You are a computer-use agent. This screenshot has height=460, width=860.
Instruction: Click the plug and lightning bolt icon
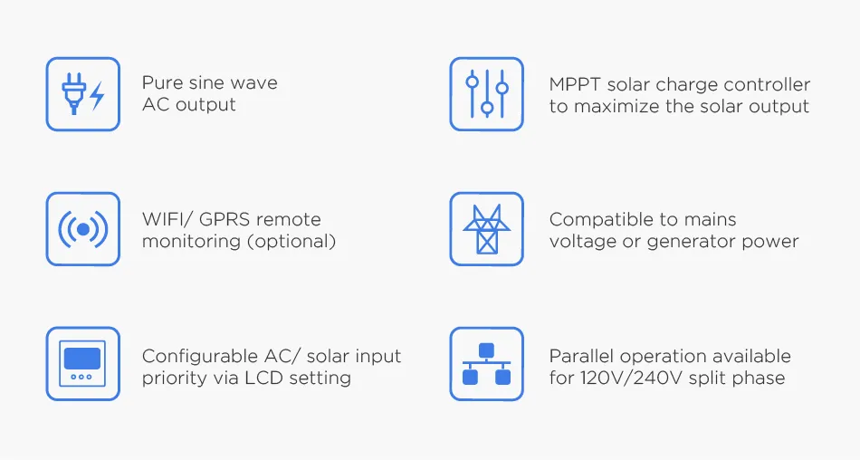[82, 94]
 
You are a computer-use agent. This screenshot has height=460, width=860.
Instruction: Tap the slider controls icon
[486, 94]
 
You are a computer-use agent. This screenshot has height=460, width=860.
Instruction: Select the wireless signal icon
[82, 229]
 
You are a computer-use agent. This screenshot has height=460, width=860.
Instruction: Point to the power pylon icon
[486, 229]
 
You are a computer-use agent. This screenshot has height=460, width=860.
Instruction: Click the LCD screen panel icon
[82, 364]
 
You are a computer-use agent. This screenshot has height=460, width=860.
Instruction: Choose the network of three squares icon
[486, 364]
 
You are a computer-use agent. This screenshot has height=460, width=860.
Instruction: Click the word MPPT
[575, 85]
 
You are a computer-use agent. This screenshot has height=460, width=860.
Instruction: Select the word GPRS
[222, 220]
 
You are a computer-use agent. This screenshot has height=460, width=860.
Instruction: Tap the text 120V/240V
[634, 379]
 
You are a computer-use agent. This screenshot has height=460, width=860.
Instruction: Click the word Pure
[160, 83]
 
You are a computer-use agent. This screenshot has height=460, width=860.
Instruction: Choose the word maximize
[615, 107]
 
